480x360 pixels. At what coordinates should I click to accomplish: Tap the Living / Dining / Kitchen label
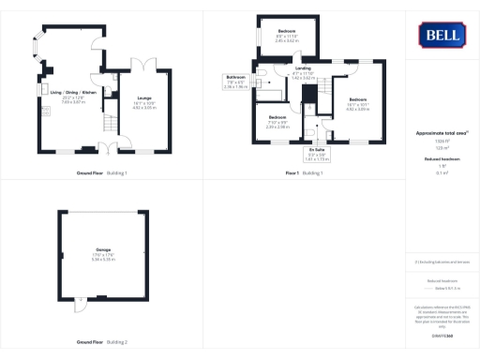(72, 92)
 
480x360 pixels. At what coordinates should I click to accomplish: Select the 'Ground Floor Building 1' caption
(101, 173)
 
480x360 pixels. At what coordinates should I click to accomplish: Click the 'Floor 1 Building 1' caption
(304, 173)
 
